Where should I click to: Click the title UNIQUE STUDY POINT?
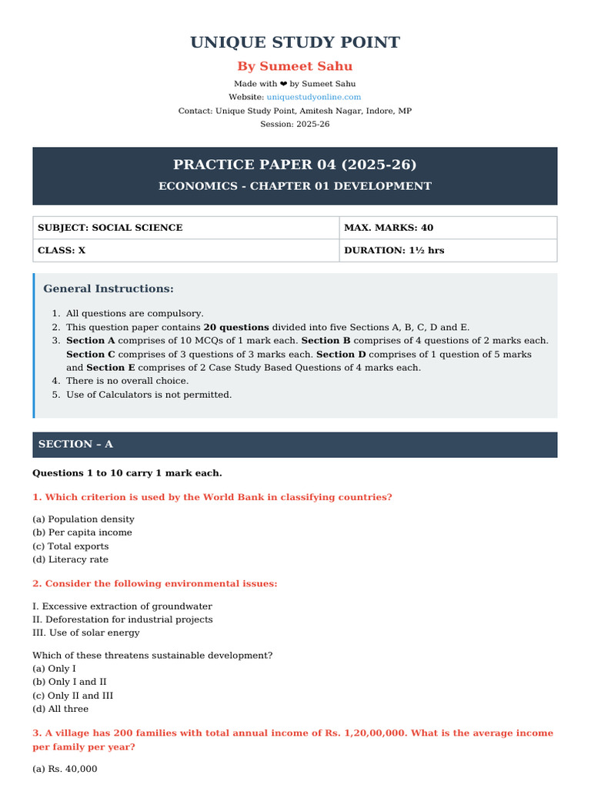tap(295, 42)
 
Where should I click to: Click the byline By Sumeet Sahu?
tap(295, 66)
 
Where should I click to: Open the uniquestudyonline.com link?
tap(313, 97)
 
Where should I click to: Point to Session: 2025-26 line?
tap(295, 124)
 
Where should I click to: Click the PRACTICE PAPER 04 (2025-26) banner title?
tap(295, 164)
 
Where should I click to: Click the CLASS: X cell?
tap(62, 250)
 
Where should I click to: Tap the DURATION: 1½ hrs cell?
tap(394, 250)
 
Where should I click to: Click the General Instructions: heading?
tap(109, 289)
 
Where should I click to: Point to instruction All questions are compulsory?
tap(135, 313)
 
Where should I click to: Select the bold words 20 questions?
tap(236, 327)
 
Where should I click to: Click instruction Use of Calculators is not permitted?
tap(149, 395)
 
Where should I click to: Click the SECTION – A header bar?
tap(295, 445)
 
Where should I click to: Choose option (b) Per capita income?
tap(82, 533)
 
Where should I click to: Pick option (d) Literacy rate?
tap(71, 559)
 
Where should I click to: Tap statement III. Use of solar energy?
tap(86, 633)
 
